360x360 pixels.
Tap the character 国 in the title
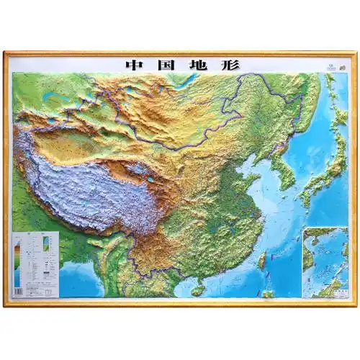pyautogui.click(x=163, y=63)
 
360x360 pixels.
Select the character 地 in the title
pyautogui.click(x=195, y=63)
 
